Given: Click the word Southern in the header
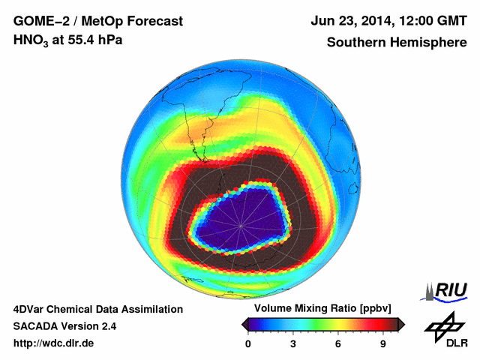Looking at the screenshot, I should point(355,42).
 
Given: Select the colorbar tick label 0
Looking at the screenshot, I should point(248,344).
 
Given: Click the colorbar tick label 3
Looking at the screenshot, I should point(293,344).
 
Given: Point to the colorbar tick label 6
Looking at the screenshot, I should point(338,344).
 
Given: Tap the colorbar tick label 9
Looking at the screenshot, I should point(382,344).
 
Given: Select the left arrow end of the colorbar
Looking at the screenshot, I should point(244,324).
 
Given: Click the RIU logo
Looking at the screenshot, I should point(449,290).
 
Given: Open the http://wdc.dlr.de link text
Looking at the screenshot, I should point(55,343).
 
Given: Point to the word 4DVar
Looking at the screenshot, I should point(29,309).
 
